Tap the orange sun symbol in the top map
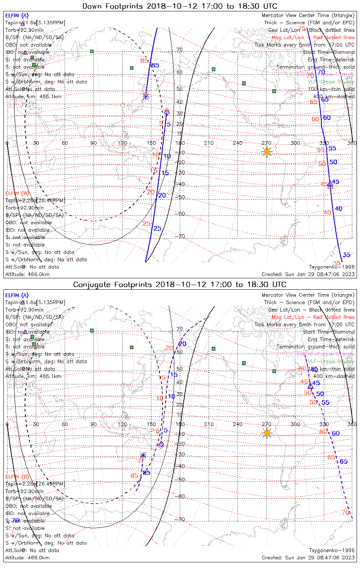[267, 152]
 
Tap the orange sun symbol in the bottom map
[267, 433]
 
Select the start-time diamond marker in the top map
[166, 112]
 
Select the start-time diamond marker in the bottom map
[161, 445]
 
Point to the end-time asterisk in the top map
[146, 96]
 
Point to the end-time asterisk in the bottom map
[143, 455]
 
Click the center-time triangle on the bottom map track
[311, 386]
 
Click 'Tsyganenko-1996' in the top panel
[332, 267]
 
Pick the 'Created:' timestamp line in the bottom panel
[308, 558]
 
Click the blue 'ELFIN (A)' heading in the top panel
[17, 16]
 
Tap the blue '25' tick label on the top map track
[157, 228]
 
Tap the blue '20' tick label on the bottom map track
[182, 344]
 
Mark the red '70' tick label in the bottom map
[345, 513]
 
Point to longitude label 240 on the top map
[238, 143]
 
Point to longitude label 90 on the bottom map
[94, 424]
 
